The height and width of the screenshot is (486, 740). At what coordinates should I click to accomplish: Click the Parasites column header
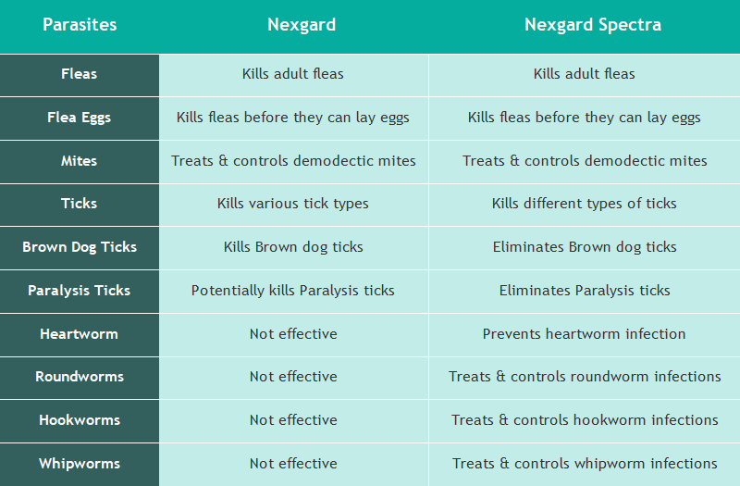(80, 25)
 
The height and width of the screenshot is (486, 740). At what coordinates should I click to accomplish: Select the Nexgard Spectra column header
(593, 25)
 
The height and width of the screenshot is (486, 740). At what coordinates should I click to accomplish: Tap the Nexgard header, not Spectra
(302, 25)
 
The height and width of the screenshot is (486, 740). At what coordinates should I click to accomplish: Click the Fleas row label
(79, 74)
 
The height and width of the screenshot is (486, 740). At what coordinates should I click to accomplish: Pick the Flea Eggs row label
(79, 118)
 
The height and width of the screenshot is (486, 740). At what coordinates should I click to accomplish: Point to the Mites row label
(79, 161)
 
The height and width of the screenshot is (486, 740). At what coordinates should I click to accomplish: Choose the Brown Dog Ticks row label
(80, 247)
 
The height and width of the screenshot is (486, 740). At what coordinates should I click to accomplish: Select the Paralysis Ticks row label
(79, 291)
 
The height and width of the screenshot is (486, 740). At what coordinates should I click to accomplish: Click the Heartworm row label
(79, 334)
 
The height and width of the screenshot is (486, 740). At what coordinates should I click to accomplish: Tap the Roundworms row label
(80, 377)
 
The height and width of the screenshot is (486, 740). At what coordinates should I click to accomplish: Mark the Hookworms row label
(80, 420)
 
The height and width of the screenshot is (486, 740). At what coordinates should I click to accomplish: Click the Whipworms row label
(80, 464)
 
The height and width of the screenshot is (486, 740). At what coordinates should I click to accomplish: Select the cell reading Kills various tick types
(292, 204)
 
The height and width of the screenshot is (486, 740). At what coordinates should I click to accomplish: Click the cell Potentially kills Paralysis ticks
(292, 291)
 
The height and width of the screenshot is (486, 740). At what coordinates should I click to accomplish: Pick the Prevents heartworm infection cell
(584, 334)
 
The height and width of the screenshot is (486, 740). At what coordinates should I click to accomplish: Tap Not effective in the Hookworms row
(293, 420)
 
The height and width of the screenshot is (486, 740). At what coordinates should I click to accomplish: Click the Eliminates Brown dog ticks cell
(585, 247)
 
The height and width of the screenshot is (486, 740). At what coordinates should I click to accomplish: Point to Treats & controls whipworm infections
(585, 464)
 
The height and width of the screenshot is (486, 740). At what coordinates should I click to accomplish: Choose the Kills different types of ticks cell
(584, 204)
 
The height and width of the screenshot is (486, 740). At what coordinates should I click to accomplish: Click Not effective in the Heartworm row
(293, 334)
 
